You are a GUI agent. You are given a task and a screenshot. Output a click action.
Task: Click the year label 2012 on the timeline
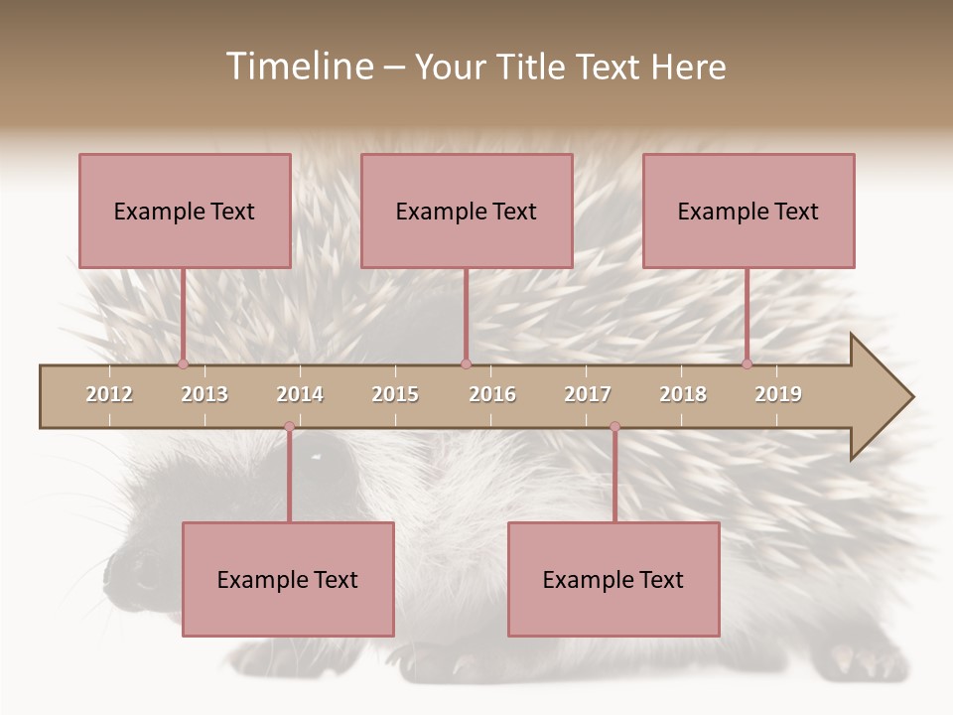(x=109, y=395)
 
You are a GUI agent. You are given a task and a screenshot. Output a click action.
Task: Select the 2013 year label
(x=204, y=395)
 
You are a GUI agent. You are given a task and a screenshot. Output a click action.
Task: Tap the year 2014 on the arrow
(x=300, y=395)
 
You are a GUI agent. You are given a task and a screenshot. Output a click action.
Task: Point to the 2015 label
(x=395, y=395)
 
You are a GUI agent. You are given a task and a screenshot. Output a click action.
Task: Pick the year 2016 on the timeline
(x=492, y=395)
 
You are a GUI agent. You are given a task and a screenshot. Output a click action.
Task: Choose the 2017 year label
(x=588, y=395)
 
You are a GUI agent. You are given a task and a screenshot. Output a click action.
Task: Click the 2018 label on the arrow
(x=683, y=395)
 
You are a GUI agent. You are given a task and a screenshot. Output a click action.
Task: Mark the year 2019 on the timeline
(x=778, y=395)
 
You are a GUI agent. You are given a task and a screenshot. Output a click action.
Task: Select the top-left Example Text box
(x=185, y=211)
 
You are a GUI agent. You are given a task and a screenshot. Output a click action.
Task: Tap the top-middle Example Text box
(x=467, y=211)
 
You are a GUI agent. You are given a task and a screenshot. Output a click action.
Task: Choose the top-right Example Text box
(x=749, y=211)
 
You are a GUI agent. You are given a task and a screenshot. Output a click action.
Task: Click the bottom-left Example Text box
(x=288, y=579)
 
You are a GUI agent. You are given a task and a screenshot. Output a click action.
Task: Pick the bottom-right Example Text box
(x=613, y=579)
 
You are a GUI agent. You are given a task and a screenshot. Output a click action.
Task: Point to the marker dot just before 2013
(x=183, y=364)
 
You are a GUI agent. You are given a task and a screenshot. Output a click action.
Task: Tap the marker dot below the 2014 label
(x=289, y=427)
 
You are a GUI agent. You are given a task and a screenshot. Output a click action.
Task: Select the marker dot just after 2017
(x=614, y=427)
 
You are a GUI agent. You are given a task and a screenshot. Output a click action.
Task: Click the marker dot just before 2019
(x=747, y=364)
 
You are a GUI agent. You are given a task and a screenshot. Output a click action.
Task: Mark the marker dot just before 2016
(x=466, y=364)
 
